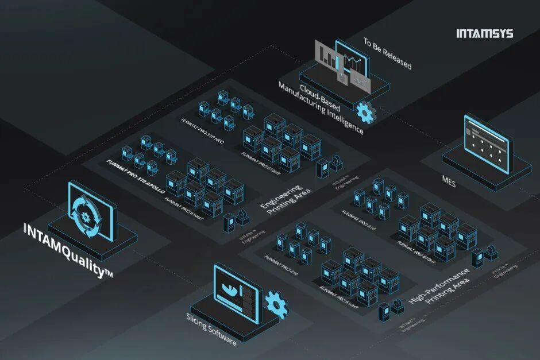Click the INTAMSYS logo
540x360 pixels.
click(484, 33)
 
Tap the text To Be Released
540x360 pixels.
click(387, 53)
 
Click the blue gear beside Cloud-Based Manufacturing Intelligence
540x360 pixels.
click(365, 111)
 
